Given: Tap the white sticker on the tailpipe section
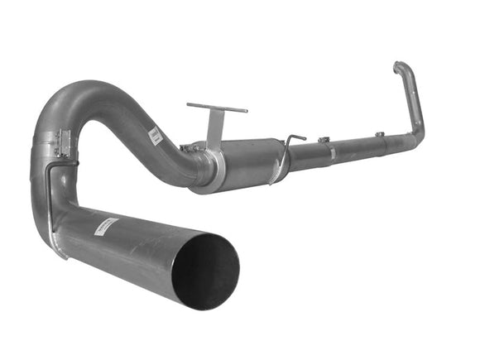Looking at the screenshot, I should tap(107, 226).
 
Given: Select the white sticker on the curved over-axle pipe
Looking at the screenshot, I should tap(156, 137).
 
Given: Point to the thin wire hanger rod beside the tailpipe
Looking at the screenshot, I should tap(50, 194).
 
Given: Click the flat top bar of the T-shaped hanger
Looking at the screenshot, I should tap(217, 108).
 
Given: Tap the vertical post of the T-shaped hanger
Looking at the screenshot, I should tap(215, 132).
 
